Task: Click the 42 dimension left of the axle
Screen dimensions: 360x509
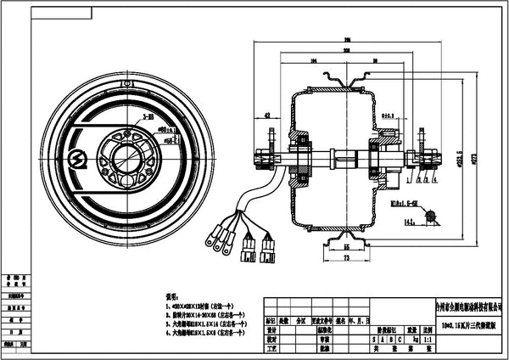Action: [267, 114]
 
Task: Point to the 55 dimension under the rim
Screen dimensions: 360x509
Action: [346, 245]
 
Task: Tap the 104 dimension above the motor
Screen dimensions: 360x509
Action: [315, 61]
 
